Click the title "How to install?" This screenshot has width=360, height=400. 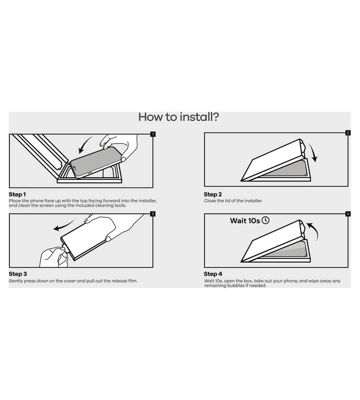[179, 117]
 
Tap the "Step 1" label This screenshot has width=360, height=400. [17, 194]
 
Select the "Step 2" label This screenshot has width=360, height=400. [213, 194]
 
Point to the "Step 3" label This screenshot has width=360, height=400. [18, 274]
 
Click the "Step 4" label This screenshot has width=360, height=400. [213, 274]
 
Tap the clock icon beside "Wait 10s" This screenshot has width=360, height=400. [266, 220]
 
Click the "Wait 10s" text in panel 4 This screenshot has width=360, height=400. [245, 220]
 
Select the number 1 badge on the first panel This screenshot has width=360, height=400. [153, 134]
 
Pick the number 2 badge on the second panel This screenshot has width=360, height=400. [348, 133]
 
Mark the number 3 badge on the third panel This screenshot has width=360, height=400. [153, 214]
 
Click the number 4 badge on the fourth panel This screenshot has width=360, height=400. [348, 214]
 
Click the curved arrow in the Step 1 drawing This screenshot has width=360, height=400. [84, 144]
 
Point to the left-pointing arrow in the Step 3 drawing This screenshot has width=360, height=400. [63, 226]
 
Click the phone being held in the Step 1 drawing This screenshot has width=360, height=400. [95, 162]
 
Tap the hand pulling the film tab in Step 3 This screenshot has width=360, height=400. [54, 256]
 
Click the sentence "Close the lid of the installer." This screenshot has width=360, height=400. [233, 201]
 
